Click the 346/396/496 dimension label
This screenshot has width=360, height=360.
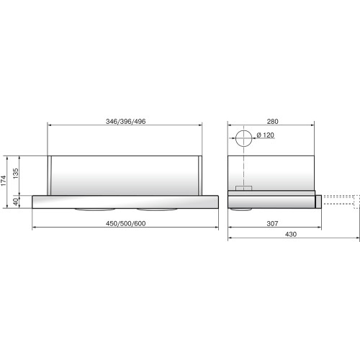tap(126, 122)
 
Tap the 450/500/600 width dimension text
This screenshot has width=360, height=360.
tap(126, 224)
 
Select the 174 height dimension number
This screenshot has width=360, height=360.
tap(4, 181)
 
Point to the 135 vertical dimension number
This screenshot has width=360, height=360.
tap(16, 174)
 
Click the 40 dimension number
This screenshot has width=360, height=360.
tap(16, 202)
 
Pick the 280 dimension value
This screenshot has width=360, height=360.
tap(273, 122)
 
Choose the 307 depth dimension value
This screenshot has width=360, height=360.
tap(272, 224)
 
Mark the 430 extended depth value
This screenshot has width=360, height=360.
tap(291, 234)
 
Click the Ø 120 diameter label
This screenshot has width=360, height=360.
tap(266, 135)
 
